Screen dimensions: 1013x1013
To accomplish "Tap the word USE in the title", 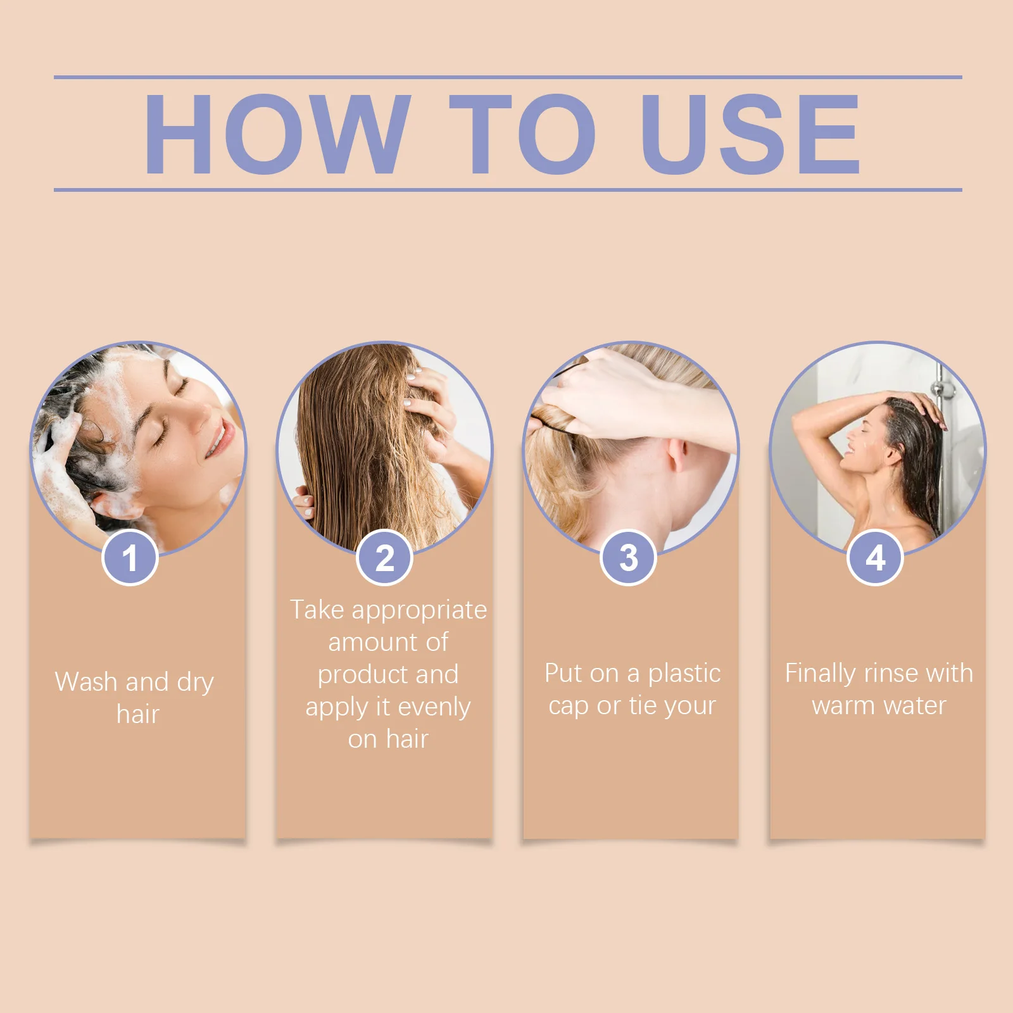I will tap(750, 134).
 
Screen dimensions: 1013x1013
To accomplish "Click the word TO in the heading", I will tap(522, 134).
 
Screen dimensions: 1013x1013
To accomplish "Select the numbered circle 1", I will tap(130, 558).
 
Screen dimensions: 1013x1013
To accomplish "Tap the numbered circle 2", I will tap(384, 558).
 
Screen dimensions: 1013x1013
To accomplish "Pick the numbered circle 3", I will tap(628, 558).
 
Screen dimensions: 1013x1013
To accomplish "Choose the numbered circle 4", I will tap(875, 558).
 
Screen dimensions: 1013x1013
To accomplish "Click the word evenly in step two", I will tap(434, 707).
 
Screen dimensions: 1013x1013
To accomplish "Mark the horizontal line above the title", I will tap(507, 77).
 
